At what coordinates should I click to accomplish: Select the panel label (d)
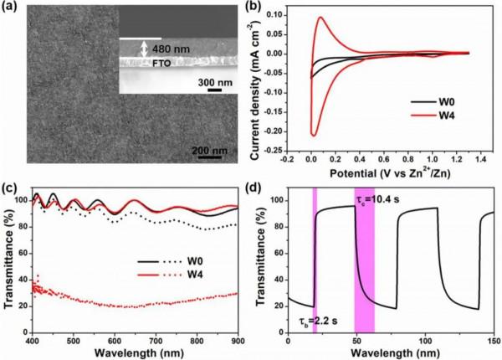coord(265,187)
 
